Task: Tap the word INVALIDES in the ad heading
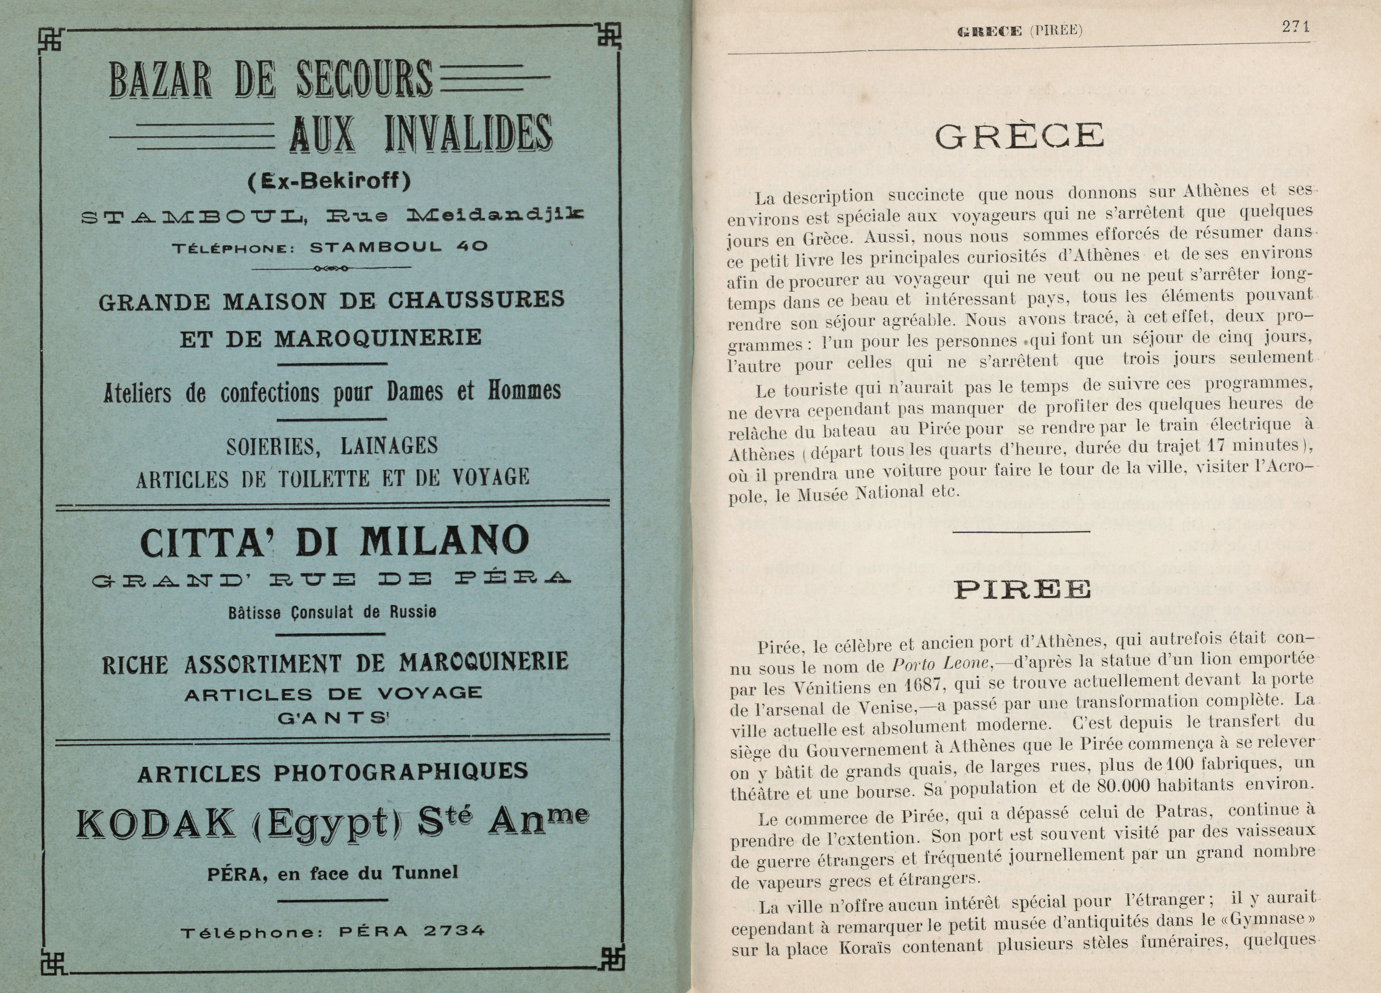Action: pyautogui.click(x=468, y=133)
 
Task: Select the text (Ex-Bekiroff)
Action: pyautogui.click(x=329, y=180)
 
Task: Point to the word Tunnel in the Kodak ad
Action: pyautogui.click(x=424, y=872)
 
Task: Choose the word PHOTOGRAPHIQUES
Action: pyautogui.click(x=401, y=772)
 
